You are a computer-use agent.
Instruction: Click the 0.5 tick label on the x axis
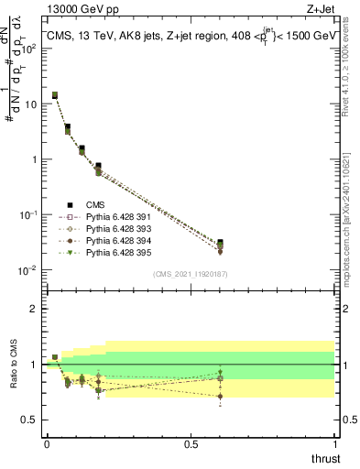(191, 442)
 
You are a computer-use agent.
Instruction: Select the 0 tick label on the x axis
(47, 442)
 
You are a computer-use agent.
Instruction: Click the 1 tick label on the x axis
(335, 442)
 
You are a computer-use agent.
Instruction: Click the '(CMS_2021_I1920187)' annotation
(191, 274)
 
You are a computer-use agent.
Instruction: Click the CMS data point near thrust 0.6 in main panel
(219, 243)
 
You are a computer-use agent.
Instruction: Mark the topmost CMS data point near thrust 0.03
(55, 94)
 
